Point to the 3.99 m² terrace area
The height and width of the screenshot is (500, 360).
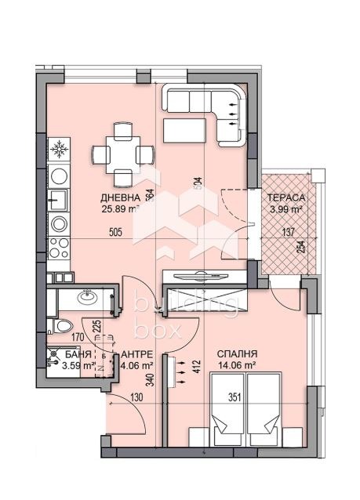[x=285, y=209]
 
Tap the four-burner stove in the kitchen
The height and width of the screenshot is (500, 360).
[x=58, y=250]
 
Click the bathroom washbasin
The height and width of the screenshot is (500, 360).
[x=85, y=298]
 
